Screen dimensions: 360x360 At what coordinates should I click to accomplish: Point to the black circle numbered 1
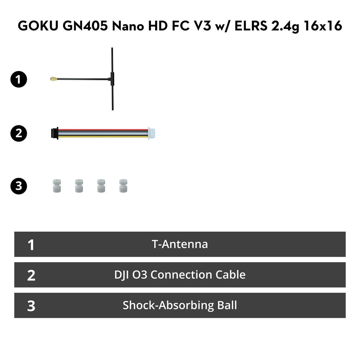[19, 80]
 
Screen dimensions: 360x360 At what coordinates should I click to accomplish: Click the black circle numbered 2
[19, 133]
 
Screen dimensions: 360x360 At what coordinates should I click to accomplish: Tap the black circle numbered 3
[19, 186]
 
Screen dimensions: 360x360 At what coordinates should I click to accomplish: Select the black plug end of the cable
[55, 133]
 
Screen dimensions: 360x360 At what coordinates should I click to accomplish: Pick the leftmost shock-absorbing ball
[57, 186]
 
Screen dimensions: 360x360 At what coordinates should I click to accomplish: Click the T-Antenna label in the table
[180, 244]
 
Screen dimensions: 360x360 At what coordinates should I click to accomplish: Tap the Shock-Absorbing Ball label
[180, 306]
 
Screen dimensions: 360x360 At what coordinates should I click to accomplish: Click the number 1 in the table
[31, 245]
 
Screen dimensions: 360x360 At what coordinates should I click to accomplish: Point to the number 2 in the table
[31, 275]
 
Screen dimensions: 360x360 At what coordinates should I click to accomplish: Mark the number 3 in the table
[31, 306]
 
